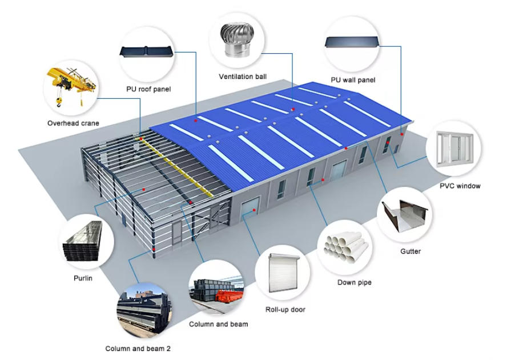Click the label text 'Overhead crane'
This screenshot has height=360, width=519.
pos(73,123)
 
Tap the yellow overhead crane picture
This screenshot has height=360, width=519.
pos(71,86)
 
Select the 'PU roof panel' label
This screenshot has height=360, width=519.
pos(148,89)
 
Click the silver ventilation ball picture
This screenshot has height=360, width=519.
pos(238,41)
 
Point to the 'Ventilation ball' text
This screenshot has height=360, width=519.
pos(243,77)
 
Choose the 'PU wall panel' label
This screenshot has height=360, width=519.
pos(353,80)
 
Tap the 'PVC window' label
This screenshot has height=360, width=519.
pos(460,186)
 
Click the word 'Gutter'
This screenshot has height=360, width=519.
pos(411,251)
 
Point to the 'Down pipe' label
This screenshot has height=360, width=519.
pos(355,282)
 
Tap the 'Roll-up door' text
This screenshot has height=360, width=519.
pos(285,310)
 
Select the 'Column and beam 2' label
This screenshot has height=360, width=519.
pos(138,349)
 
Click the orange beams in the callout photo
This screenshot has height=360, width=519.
pos(230,296)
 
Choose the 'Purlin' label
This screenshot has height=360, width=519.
pos(83,278)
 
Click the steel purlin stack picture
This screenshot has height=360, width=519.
pos(83,241)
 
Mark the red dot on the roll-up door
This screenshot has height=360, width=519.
pos(254,210)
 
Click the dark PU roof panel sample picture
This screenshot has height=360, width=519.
pos(146,51)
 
